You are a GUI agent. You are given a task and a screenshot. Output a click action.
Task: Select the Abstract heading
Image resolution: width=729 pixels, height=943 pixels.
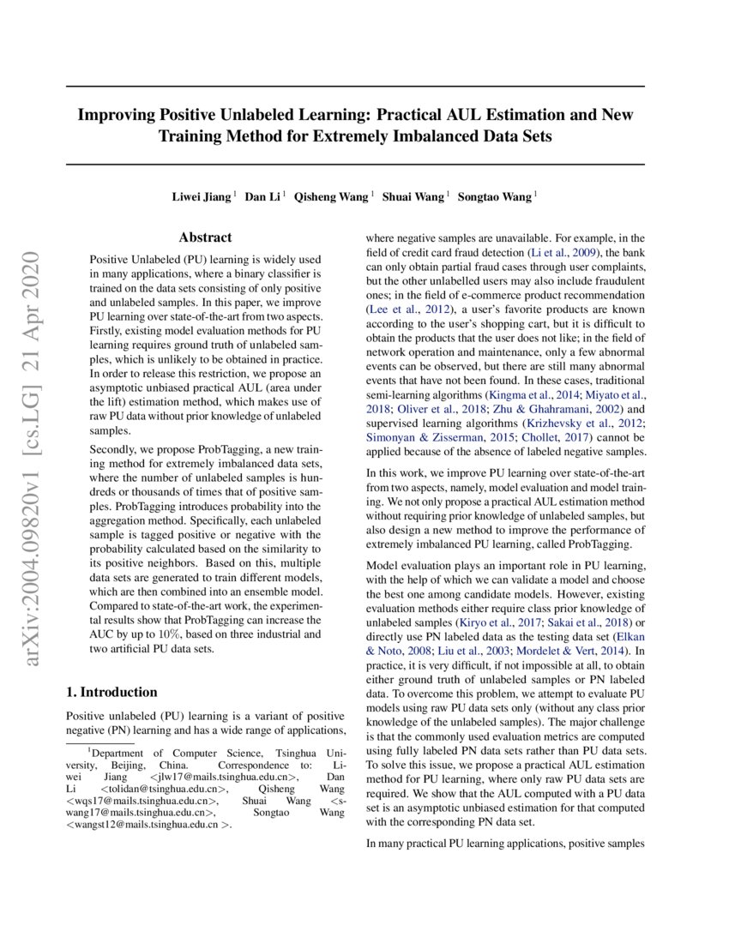coord(205,237)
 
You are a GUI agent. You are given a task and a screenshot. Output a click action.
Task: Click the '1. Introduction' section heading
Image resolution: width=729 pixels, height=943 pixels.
coord(111,692)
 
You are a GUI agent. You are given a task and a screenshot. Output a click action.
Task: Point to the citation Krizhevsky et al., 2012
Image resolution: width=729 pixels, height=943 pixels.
coord(572,423)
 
